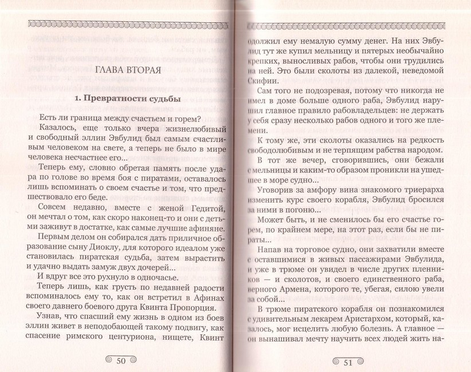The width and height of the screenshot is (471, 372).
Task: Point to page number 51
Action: (x=349, y=361)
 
